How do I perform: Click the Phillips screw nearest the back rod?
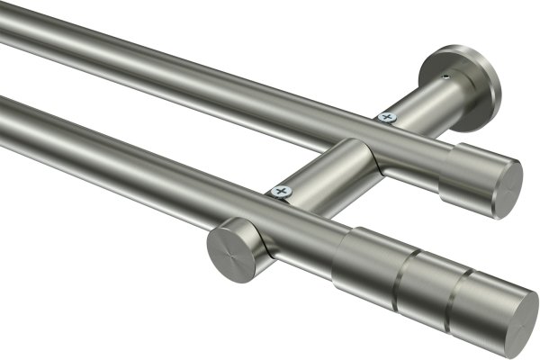[387, 116]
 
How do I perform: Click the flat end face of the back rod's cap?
[507, 188]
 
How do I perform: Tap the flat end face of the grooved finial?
[516, 319]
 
